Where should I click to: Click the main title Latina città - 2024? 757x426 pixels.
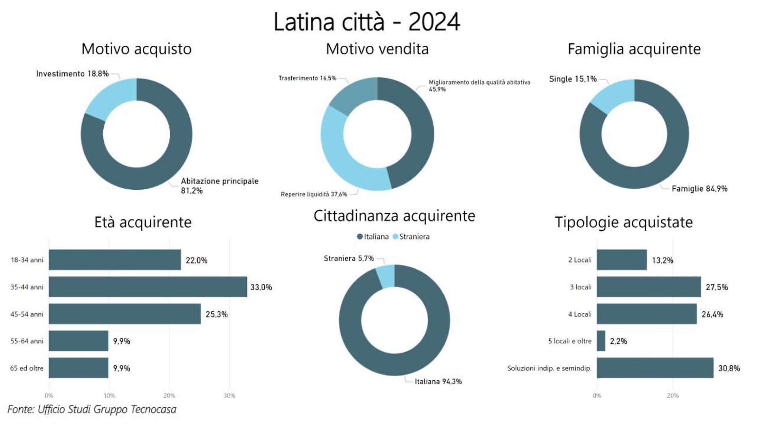[x=367, y=22]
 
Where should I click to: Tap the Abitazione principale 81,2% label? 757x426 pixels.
[x=219, y=186]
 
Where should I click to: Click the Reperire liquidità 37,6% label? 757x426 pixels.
[x=313, y=194]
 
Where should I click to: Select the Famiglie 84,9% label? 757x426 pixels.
[x=699, y=189]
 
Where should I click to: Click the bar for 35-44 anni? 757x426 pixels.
[x=148, y=287]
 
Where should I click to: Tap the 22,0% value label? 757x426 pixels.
[x=196, y=260]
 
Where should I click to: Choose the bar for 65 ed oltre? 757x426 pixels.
[x=78, y=368]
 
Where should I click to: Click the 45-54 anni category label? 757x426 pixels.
[x=27, y=314]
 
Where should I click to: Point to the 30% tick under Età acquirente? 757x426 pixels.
[x=229, y=396]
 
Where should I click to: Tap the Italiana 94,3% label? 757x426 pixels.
[x=438, y=381]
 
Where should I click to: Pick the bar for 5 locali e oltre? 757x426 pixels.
[x=601, y=341]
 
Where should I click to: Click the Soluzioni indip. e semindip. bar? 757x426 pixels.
[x=655, y=368]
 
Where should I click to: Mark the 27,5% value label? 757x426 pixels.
[x=716, y=287]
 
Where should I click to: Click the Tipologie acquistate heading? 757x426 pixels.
[x=623, y=222]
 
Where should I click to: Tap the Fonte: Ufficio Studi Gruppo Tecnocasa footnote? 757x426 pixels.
[x=92, y=409]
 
